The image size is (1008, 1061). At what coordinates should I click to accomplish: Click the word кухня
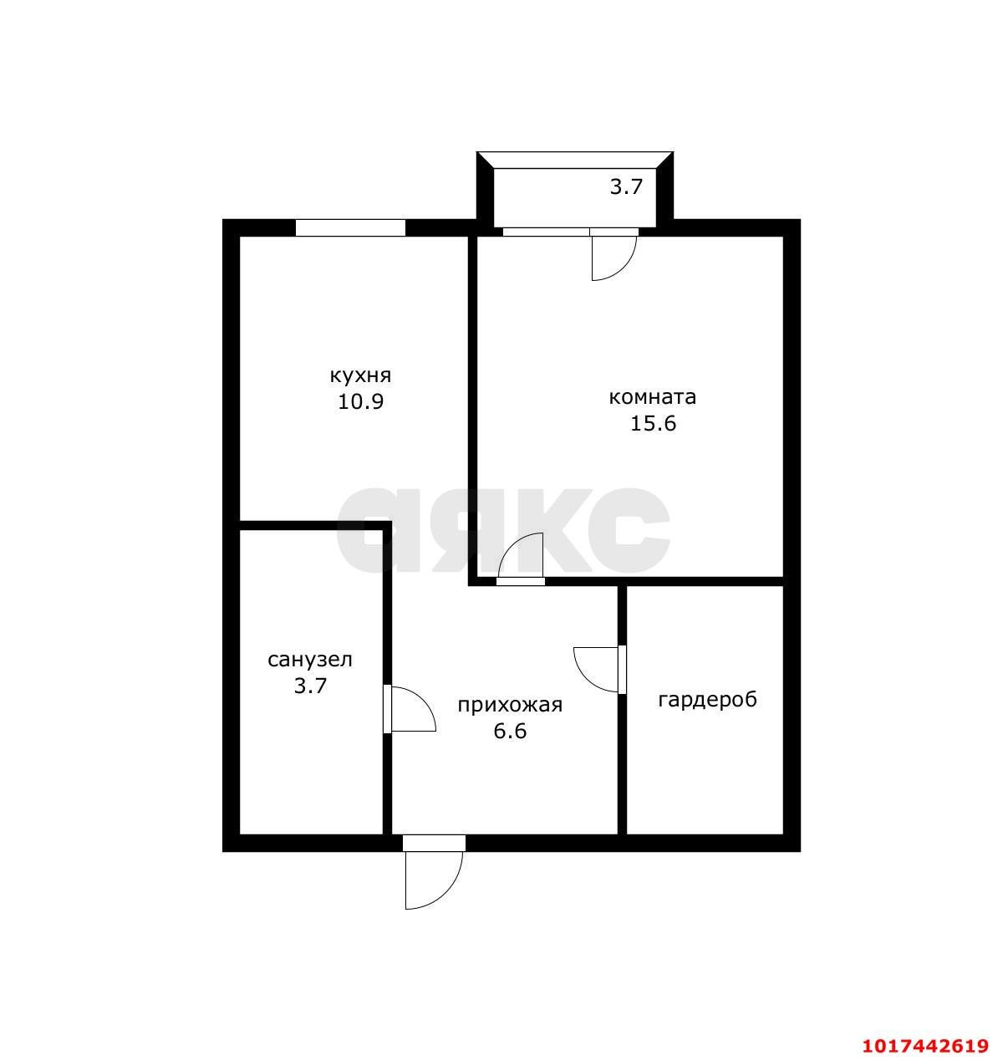360,376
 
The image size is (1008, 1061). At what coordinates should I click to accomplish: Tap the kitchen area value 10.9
360,402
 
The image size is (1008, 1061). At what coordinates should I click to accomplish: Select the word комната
653,398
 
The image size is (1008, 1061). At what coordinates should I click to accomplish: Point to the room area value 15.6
653,424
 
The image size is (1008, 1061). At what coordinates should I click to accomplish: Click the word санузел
310,660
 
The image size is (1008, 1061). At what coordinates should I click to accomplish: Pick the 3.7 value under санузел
310,686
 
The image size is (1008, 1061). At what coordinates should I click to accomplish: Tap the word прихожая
510,706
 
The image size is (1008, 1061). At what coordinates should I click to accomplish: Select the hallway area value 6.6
510,732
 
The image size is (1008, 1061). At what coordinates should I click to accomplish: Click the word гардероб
707,700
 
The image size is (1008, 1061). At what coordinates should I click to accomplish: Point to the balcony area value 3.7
626,186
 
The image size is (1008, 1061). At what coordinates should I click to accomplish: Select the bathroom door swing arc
423,701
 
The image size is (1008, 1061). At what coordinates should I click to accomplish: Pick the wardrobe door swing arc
585,678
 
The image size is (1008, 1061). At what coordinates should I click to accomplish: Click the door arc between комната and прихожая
511,547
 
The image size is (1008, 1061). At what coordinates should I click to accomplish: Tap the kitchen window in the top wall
350,227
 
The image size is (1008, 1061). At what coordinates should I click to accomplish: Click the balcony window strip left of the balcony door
546,232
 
